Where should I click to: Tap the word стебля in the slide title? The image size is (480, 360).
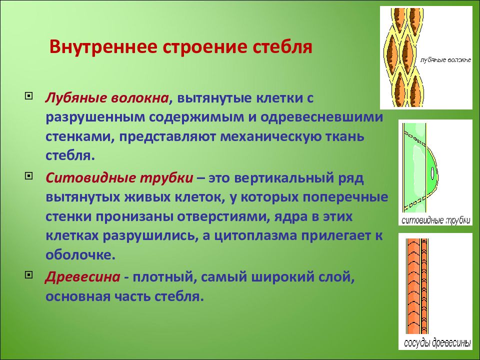283,46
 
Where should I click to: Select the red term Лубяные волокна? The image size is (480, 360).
107,98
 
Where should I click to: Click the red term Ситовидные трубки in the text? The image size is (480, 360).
119,178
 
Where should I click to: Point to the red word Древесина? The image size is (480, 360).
82,277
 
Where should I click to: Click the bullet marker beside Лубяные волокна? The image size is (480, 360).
28,96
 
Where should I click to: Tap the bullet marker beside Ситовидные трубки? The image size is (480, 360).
28,176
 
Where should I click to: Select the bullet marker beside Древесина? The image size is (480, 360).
28,275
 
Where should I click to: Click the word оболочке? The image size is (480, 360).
80,255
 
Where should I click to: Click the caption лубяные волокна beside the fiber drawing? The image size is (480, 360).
445,60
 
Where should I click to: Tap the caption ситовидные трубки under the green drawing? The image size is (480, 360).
435,220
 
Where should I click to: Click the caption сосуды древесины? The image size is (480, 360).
437,343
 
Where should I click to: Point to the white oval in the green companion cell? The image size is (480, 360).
432,173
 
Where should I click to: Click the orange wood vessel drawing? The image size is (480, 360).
417,286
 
